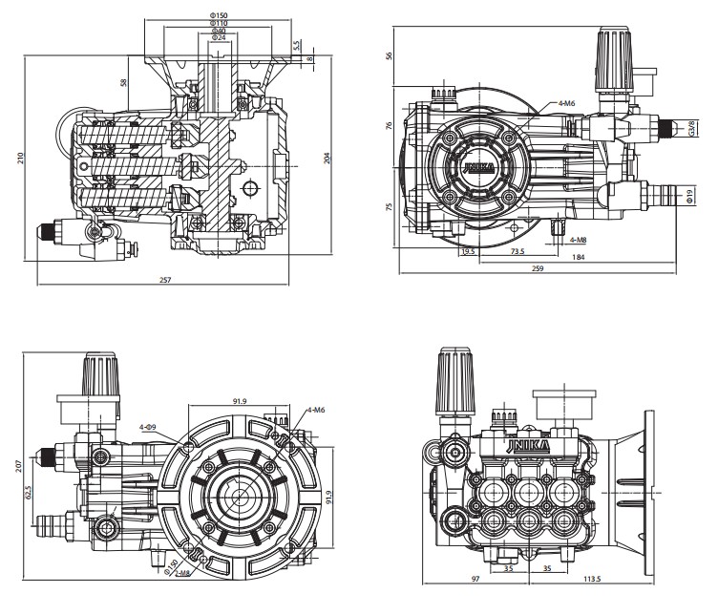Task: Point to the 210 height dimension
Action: click(21, 158)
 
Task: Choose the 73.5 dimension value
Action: click(517, 251)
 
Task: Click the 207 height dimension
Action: click(21, 469)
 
